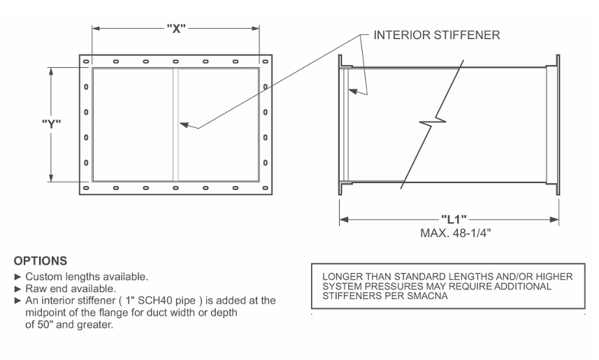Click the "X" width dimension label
tap(176, 28)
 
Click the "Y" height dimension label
tap(51, 124)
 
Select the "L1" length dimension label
tap(454, 219)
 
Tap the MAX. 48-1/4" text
tap(455, 233)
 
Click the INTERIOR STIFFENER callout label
tap(437, 35)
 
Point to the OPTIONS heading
tap(41, 261)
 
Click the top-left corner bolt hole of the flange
tap(86, 62)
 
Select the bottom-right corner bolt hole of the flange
tap(265, 188)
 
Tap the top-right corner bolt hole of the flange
tap(265, 62)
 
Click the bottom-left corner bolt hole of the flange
tap(86, 188)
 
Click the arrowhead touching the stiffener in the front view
tap(184, 124)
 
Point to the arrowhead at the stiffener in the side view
tap(353, 92)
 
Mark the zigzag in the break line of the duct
tap(433, 122)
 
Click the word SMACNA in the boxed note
tap(428, 296)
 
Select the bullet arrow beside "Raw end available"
tap(17, 289)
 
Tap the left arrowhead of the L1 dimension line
tap(344, 219)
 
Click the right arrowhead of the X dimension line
tap(255, 28)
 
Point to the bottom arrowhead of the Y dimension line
tap(51, 178)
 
